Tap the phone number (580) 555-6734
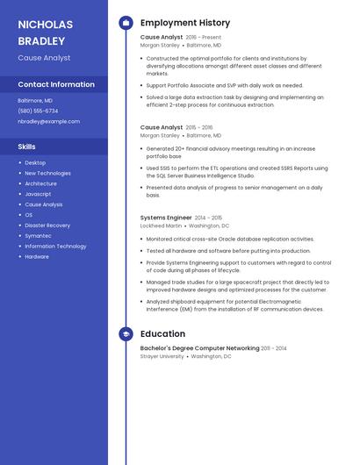38,111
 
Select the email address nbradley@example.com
48,122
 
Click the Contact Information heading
56,85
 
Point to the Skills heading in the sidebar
27,147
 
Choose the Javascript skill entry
38,194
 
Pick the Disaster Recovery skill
47,225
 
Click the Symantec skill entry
38,236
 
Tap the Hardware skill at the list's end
37,257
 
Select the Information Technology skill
55,247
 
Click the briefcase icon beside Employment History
126,23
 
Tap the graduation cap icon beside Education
126,334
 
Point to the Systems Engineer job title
166,218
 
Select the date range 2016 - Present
204,38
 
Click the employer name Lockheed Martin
162,226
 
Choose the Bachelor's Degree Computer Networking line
199,348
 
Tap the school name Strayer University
162,357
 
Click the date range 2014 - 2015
209,218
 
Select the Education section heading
162,334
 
